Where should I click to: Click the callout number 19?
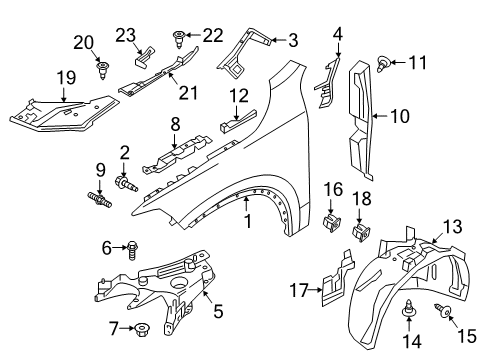point(67,78)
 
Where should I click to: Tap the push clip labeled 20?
point(103,70)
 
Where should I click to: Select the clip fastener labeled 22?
point(179,39)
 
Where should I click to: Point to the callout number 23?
point(126,35)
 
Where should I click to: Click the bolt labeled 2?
point(126,184)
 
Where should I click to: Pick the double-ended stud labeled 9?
point(99,200)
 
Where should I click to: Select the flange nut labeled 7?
point(142,330)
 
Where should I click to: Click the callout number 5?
point(218,312)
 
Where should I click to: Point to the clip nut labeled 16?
point(332,223)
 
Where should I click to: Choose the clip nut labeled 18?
point(361,232)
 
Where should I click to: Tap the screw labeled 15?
point(443,310)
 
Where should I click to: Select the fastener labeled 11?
point(383,64)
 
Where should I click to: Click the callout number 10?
point(399,116)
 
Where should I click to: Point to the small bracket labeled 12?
point(239,121)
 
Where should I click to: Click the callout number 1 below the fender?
point(248,222)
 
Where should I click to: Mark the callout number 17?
point(299,290)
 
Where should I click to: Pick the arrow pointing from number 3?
point(278,40)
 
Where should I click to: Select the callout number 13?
point(452,227)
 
